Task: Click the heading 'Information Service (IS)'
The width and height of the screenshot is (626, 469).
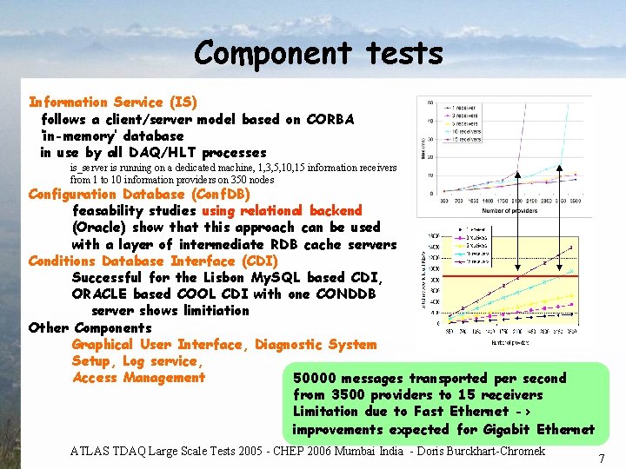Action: (113, 102)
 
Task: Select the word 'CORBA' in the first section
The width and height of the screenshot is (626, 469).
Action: (330, 119)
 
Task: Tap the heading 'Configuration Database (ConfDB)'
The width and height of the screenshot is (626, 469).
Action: (139, 194)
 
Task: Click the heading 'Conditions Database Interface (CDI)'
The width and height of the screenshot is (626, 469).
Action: (153, 261)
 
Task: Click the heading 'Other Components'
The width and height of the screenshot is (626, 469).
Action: (90, 327)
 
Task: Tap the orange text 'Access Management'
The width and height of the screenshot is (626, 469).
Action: (138, 378)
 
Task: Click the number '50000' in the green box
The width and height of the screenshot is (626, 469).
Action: (315, 379)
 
